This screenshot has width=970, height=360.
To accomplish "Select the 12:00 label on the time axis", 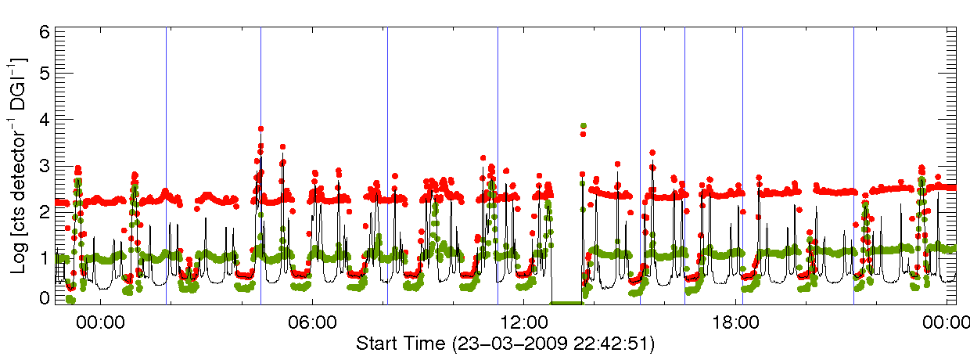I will click(x=523, y=322).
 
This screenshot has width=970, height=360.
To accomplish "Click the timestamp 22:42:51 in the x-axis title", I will click(x=611, y=344).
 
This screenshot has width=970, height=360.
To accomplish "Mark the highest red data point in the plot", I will click(x=260, y=128).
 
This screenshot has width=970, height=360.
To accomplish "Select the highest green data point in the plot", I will click(x=583, y=126).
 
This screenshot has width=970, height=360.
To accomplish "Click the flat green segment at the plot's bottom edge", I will click(x=566, y=303).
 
